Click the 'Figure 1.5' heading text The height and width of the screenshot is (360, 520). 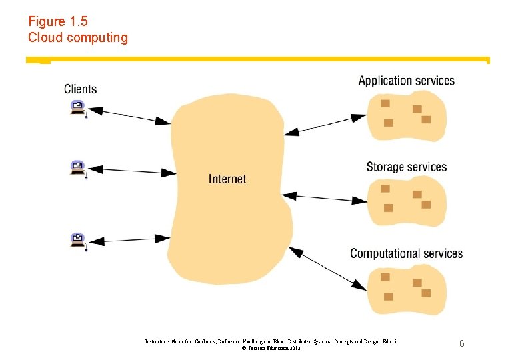pyautogui.click(x=57, y=21)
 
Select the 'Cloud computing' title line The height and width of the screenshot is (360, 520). pyautogui.click(x=77, y=37)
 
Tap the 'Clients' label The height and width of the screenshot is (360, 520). pyautogui.click(x=80, y=89)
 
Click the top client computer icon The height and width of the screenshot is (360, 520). pyautogui.click(x=78, y=107)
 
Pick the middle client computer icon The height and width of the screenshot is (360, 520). pyautogui.click(x=78, y=168)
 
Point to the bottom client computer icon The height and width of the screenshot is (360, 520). pyautogui.click(x=78, y=239)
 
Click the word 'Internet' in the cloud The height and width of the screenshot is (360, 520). pyautogui.click(x=227, y=179)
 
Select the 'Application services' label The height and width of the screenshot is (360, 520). pyautogui.click(x=406, y=81)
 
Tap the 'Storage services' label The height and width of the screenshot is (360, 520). pyautogui.click(x=406, y=167)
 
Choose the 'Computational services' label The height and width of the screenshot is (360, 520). pyautogui.click(x=406, y=253)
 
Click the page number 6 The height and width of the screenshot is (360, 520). pyautogui.click(x=461, y=343)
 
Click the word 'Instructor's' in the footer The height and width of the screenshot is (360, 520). pyautogui.click(x=160, y=341)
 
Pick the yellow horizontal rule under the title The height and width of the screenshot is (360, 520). pyautogui.click(x=267, y=59)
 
